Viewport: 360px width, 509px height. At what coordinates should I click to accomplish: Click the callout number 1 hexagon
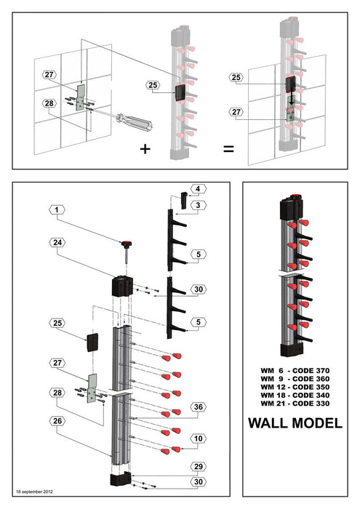[55, 209]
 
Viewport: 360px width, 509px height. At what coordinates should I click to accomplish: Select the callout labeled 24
[55, 241]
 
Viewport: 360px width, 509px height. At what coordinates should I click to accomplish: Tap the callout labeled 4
[196, 189]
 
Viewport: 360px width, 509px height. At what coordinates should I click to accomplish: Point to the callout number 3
[196, 206]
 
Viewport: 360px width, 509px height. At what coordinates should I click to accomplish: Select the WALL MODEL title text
[295, 422]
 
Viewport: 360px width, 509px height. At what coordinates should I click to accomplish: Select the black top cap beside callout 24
[121, 285]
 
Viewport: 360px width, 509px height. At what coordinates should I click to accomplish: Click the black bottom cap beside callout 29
[120, 480]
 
